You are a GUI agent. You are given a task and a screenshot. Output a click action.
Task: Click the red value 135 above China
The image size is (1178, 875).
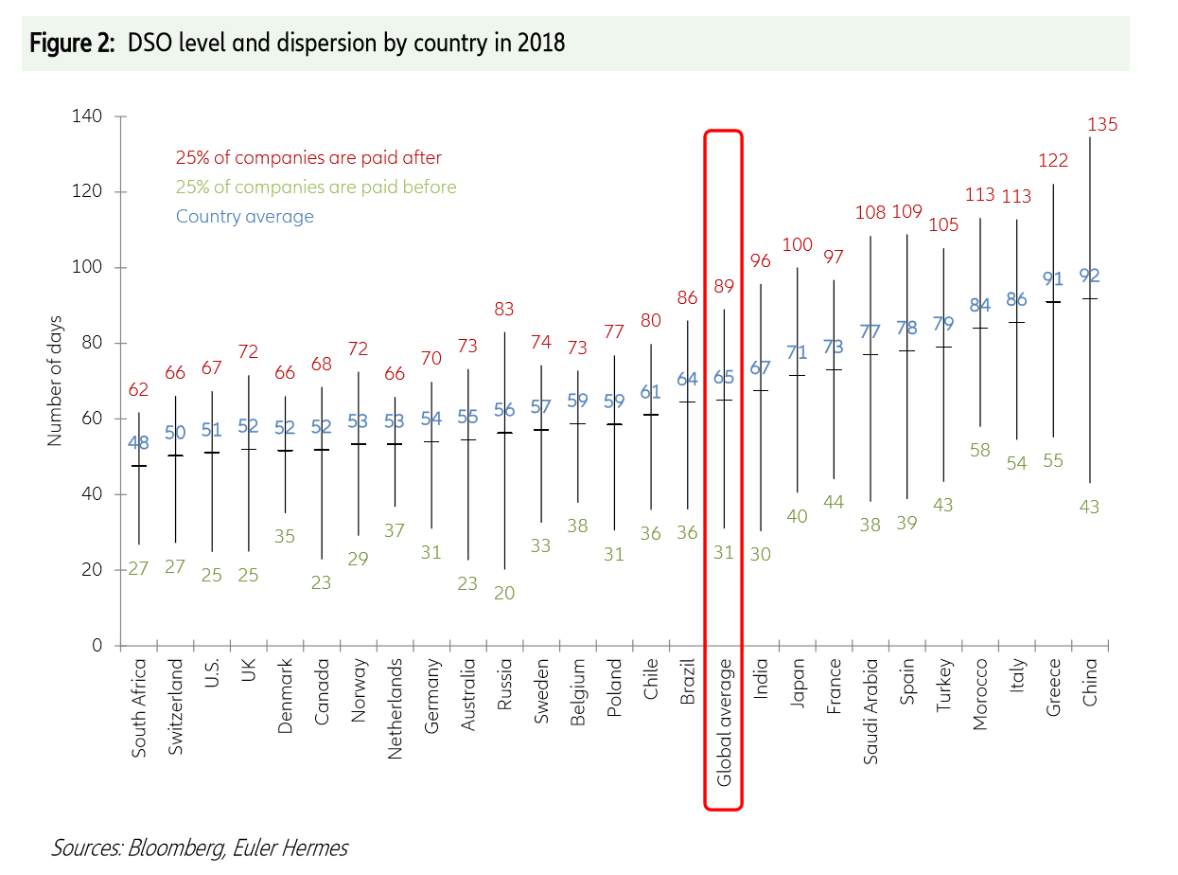1102,124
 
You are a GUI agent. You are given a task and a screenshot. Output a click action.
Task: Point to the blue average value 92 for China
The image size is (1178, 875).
1090,276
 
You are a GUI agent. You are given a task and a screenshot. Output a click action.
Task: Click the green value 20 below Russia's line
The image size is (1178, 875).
503,593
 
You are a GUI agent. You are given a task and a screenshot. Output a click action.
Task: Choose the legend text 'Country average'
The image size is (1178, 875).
244,216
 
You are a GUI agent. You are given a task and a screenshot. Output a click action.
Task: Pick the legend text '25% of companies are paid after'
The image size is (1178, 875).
308,158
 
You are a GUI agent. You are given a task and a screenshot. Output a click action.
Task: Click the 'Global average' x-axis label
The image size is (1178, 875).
724,722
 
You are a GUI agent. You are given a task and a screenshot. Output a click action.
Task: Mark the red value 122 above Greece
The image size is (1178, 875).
1053,161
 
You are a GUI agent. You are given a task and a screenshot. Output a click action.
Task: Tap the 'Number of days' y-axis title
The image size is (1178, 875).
55,380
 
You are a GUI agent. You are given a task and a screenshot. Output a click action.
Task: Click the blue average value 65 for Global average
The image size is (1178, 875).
724,378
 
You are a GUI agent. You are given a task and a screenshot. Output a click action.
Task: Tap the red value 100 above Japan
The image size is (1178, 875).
797,245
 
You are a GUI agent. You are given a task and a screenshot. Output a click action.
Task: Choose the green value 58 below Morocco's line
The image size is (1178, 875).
979,450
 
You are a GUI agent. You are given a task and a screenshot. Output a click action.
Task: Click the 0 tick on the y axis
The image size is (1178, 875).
97,646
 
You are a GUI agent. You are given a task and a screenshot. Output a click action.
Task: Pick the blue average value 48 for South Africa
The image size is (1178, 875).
139,441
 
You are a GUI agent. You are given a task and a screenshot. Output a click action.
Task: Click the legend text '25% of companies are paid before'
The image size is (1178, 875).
316,187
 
